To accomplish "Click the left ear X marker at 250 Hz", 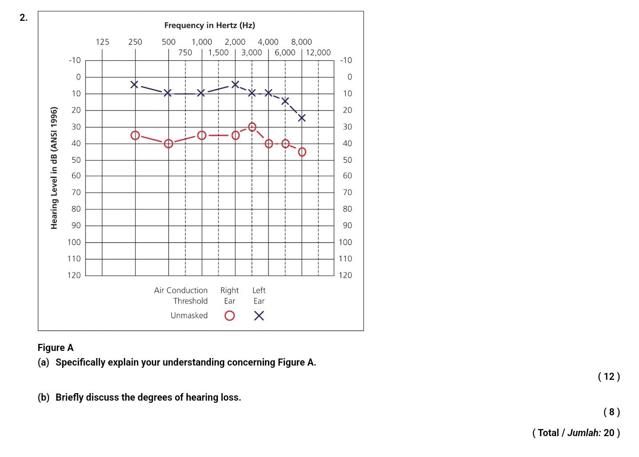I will (x=134, y=84).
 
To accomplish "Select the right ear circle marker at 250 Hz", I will (x=135, y=135).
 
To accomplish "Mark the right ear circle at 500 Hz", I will (x=168, y=143).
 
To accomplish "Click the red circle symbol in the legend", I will (x=229, y=315).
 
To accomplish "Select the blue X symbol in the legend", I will (x=259, y=315).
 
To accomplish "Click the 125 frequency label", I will (x=103, y=42).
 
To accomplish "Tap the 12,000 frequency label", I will (x=318, y=52).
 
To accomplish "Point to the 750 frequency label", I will (x=185, y=52).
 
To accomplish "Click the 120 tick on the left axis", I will (x=74, y=275).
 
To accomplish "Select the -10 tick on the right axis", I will (x=346, y=60).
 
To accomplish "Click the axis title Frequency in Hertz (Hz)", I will (x=209, y=25).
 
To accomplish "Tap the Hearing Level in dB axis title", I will (x=54, y=168).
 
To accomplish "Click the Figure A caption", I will (x=55, y=347).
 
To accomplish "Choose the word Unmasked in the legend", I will (x=189, y=315).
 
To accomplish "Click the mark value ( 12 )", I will (x=609, y=377).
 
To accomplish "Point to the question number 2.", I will (x=23, y=18).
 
